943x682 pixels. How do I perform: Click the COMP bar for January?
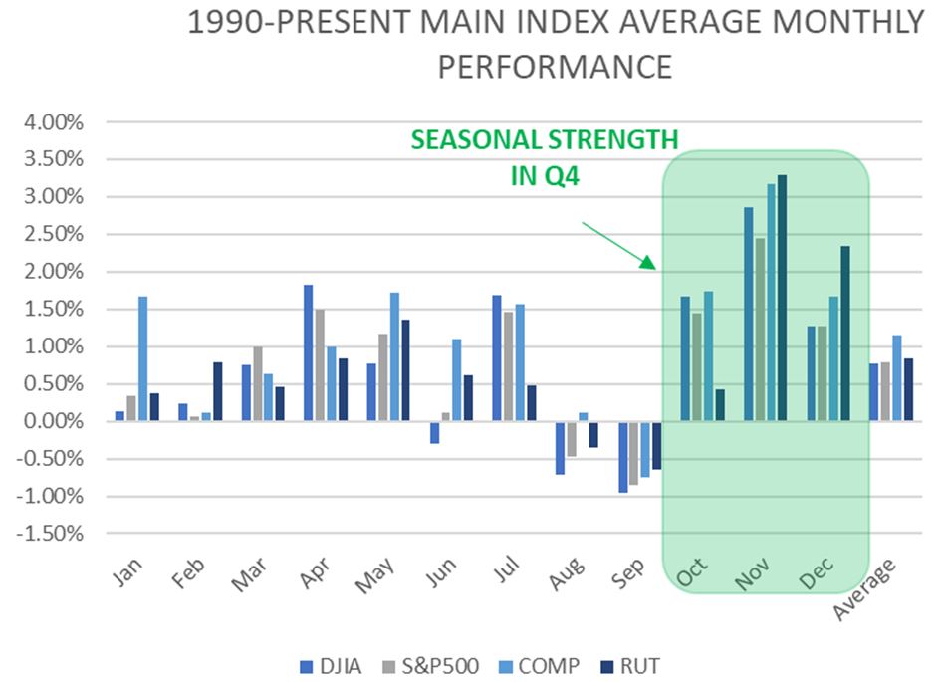click(143, 359)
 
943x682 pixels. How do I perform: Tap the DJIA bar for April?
click(308, 353)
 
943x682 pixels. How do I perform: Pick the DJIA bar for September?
click(622, 457)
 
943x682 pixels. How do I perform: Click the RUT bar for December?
click(844, 335)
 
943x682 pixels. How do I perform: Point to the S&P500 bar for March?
click(258, 384)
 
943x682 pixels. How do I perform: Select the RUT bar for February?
click(218, 392)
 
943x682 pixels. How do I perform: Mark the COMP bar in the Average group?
click(896, 378)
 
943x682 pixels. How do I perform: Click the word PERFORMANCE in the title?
click(556, 68)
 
